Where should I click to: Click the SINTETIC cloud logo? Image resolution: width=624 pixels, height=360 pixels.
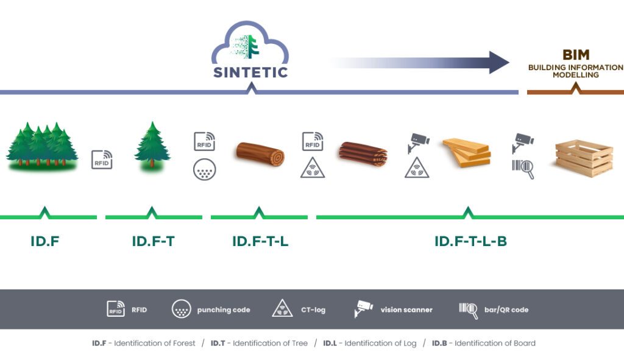(250, 50)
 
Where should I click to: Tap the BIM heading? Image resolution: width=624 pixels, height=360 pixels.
(576, 55)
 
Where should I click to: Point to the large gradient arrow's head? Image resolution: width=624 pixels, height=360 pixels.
(499, 62)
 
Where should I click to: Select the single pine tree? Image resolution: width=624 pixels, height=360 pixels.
(152, 145)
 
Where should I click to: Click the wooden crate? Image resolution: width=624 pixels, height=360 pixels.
(584, 158)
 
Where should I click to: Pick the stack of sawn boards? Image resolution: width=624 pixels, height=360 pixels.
(467, 153)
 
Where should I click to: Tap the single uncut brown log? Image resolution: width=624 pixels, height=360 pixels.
(260, 154)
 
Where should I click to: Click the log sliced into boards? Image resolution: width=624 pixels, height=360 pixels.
(363, 154)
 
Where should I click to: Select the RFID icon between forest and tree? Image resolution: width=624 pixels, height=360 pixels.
(102, 160)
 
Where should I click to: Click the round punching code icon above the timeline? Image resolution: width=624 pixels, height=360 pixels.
(205, 169)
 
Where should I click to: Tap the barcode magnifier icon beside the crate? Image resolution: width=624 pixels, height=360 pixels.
(523, 169)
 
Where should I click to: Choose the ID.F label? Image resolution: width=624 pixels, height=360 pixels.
(45, 241)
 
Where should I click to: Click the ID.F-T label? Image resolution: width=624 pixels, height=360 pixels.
(153, 241)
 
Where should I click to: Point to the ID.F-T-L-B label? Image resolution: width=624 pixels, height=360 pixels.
(470, 241)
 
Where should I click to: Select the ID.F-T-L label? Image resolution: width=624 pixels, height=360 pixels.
(260, 241)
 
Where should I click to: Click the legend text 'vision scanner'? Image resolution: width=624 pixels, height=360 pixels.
(406, 310)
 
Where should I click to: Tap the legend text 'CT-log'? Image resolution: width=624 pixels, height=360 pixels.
(313, 310)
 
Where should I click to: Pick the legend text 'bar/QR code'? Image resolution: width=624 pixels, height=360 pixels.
(506, 310)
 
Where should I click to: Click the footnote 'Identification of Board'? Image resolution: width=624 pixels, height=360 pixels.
(495, 343)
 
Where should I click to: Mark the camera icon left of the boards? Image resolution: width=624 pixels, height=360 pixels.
(418, 143)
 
